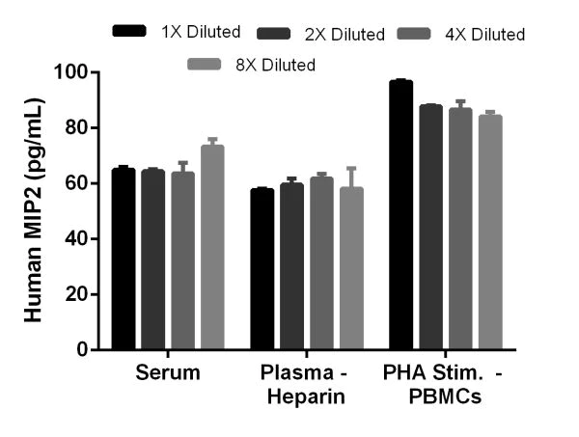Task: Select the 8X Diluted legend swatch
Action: coord(204,65)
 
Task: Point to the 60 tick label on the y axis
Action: coord(80,183)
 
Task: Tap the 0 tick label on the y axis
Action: coord(87,349)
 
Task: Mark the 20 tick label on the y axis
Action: coord(80,294)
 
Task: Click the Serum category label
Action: coord(168,372)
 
